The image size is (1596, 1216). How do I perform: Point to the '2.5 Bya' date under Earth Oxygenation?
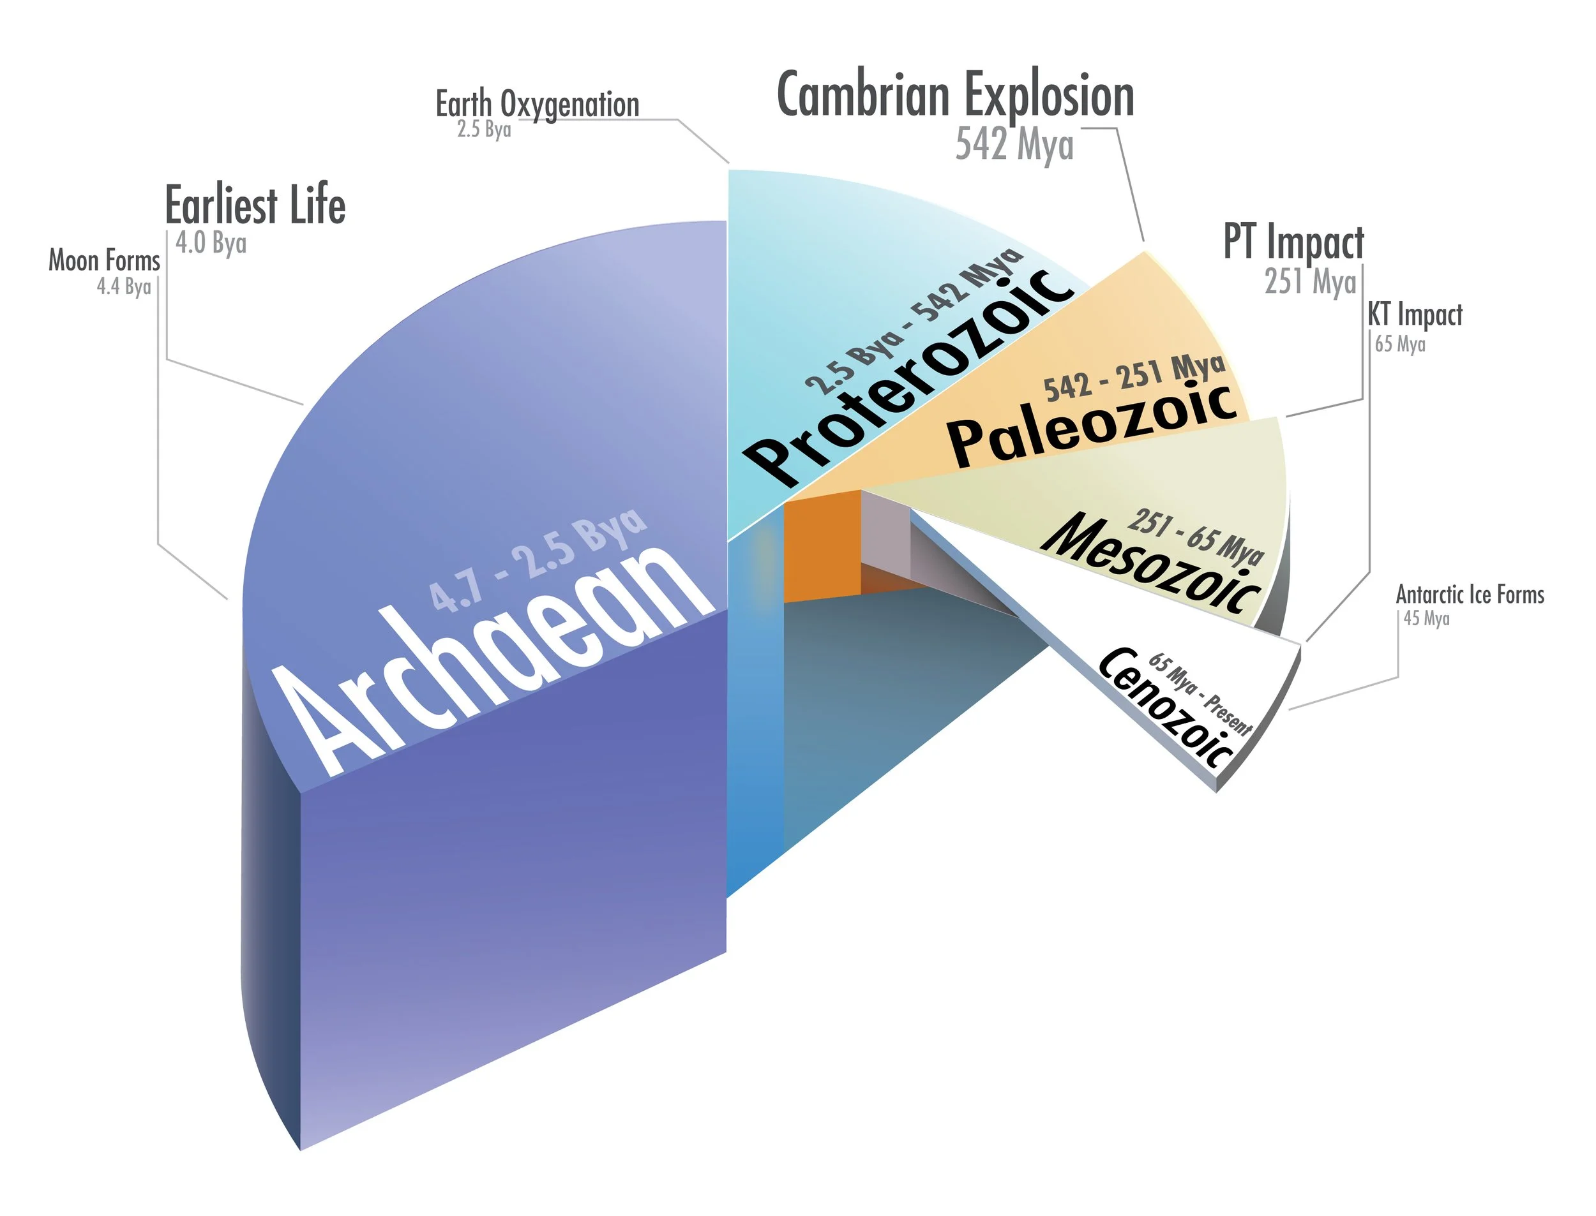484,130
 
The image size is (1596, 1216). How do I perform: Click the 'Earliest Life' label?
255,205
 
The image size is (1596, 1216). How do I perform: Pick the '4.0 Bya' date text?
211,243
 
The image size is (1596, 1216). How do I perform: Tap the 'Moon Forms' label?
104,260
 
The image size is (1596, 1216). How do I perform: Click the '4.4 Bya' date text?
124,287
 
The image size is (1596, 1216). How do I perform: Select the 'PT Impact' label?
1293,242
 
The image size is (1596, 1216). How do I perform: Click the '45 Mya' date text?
1427,619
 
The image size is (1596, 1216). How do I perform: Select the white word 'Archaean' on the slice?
492,658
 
